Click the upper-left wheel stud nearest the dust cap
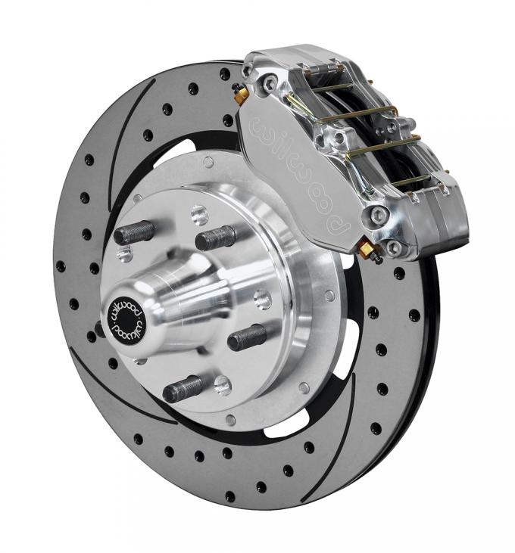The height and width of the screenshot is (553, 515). [135, 232]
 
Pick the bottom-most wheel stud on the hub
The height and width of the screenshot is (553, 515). [183, 389]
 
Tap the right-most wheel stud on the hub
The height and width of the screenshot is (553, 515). [247, 337]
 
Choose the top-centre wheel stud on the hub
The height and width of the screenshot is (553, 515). [215, 238]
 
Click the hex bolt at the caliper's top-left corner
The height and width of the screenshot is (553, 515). [270, 83]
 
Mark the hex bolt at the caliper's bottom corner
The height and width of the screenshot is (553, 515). [393, 249]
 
